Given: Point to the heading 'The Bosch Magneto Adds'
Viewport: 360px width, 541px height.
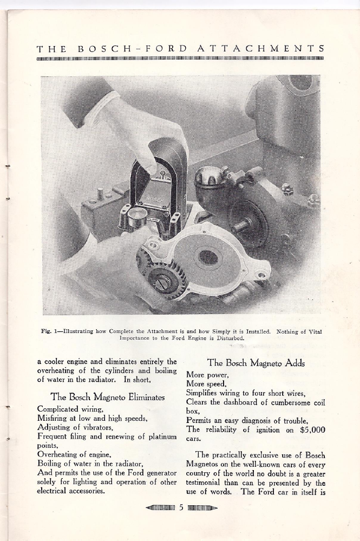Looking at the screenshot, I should pos(256,363).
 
